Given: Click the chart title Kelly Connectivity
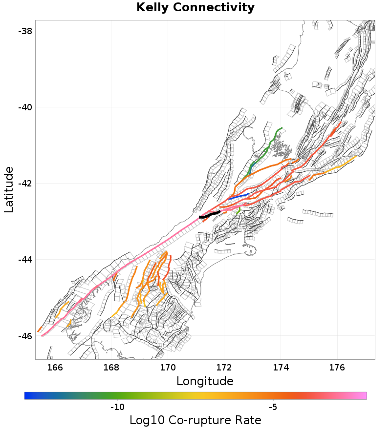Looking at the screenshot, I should click(x=195, y=8).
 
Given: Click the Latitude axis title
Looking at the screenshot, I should click(x=9, y=189).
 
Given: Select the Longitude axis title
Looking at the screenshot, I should click(x=205, y=381).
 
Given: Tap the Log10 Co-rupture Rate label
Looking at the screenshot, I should click(x=195, y=420).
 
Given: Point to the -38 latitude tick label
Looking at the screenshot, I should click(x=25, y=31).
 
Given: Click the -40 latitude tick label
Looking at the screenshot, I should click(x=25, y=107).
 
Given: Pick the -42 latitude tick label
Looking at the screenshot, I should click(x=25, y=184).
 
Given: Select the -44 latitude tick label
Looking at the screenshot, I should click(x=25, y=260).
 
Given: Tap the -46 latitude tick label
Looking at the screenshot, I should click(x=25, y=336).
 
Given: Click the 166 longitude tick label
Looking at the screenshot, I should click(x=55, y=366).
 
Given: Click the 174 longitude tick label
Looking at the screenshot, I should click(x=281, y=366).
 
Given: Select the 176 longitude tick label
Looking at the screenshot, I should click(x=337, y=366).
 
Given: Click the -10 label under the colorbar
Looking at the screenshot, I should click(x=117, y=407).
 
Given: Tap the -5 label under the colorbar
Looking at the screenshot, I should click(x=273, y=407).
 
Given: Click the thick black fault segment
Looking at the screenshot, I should click(x=210, y=214).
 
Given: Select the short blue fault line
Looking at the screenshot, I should click(x=239, y=196).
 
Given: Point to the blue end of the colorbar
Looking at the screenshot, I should click(x=27, y=395).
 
